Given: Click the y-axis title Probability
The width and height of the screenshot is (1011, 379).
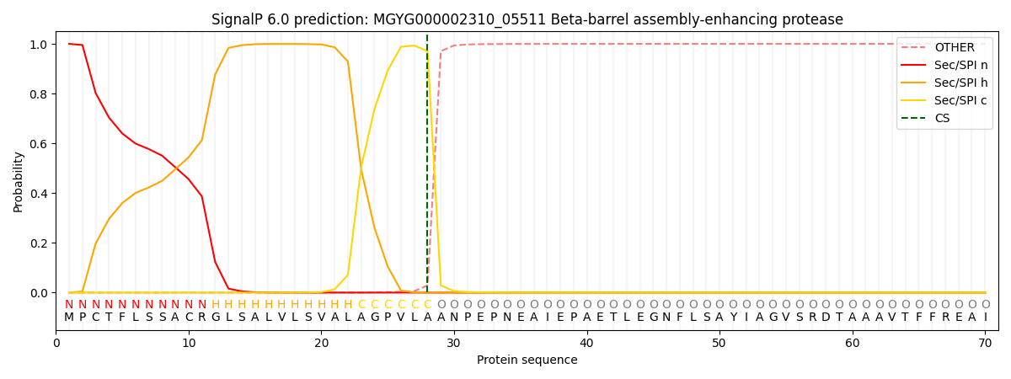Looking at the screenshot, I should click(19, 182).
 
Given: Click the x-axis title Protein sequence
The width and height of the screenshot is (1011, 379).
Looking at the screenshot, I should click(527, 360).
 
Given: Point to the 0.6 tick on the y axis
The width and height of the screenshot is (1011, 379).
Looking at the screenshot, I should click(40, 144).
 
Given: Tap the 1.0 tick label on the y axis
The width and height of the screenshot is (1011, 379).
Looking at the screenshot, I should click(40, 45).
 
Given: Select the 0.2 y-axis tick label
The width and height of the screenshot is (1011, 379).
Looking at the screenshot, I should click(40, 243).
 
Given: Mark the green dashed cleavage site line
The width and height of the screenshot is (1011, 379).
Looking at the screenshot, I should click(427, 168).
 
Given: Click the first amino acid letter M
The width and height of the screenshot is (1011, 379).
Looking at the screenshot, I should click(69, 318).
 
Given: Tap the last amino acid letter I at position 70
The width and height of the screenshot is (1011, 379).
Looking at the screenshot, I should click(985, 318).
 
